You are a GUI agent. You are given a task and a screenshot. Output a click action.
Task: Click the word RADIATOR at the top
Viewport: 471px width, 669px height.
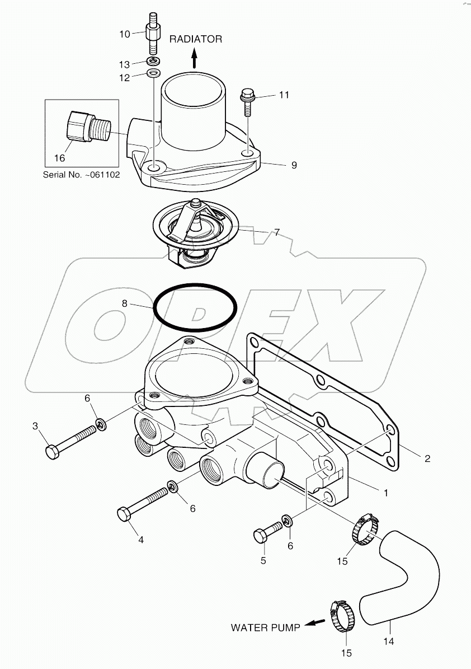pos(196,39)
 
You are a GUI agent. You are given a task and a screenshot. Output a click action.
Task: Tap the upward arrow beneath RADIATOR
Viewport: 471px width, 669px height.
pos(195,57)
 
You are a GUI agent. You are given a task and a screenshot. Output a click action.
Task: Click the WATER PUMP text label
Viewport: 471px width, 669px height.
pos(265,627)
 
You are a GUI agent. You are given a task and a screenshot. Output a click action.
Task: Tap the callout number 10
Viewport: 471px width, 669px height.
pos(124,34)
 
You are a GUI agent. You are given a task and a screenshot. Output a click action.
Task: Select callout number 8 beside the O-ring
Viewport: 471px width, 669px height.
pos(125,303)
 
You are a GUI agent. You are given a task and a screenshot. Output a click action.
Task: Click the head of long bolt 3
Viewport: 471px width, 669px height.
pos(52,451)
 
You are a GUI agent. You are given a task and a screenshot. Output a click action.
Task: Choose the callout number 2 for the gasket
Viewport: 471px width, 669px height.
pos(427,459)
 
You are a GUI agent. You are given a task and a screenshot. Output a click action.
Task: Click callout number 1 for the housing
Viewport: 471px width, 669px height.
pos(385,493)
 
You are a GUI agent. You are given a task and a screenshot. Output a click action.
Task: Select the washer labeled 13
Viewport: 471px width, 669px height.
pos(154,60)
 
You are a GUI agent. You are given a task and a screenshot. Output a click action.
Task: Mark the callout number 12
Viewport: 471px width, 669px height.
pos(124,78)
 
